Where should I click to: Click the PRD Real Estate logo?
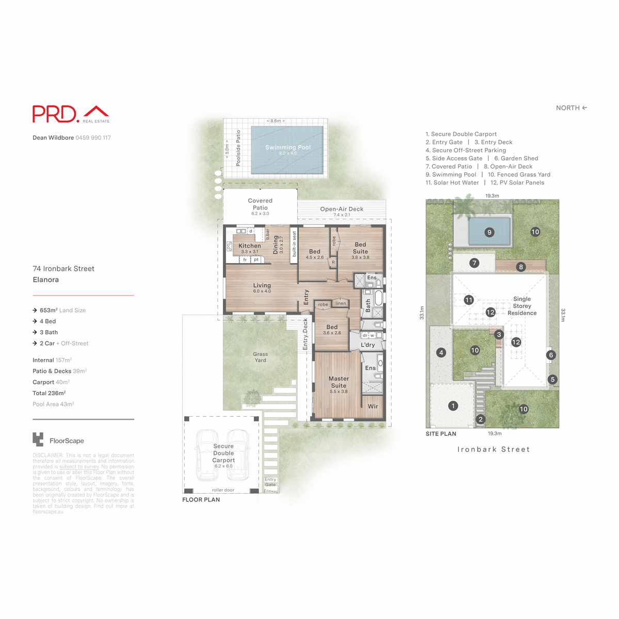71,114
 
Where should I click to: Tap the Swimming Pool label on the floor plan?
288,148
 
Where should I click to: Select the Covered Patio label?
260,204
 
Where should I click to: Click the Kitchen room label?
250,246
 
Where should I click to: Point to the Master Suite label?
338,382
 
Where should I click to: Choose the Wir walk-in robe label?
372,406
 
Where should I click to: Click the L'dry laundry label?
368,345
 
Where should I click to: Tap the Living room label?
262,285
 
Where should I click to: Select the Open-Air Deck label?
341,209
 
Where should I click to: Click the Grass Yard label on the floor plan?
260,357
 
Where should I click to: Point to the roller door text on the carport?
223,490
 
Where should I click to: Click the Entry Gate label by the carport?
270,482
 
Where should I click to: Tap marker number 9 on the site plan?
490,232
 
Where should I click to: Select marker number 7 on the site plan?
474,263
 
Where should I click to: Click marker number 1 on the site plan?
453,406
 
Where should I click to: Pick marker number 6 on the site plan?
551,355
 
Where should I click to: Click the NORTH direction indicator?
571,108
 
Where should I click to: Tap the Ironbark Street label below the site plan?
493,449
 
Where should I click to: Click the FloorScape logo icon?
38,440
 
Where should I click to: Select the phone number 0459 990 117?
93,138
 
